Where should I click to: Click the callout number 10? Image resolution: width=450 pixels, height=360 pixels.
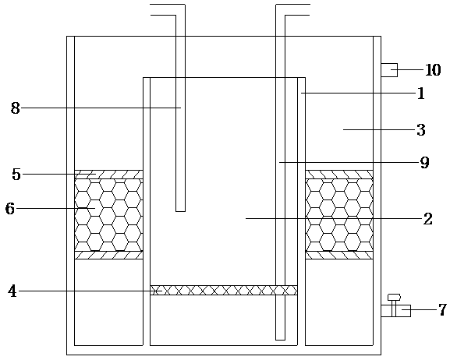(433, 70)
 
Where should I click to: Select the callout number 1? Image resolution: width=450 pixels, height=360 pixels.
(420, 94)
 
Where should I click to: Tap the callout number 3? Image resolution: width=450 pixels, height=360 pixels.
(421, 130)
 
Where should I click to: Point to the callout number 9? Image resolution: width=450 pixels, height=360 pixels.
(424, 163)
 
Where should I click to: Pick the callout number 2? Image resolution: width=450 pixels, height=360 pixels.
(427, 219)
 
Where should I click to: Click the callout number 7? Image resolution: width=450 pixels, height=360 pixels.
(442, 310)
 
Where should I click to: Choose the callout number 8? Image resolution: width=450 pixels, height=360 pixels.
(16, 108)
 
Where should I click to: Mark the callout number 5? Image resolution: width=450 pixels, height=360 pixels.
(16, 175)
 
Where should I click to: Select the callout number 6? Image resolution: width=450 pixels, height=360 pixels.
(10, 209)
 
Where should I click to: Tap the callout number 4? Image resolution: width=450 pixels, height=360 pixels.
(12, 291)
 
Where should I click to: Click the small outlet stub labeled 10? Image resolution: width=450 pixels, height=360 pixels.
(389, 70)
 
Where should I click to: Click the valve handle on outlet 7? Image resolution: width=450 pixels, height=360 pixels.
(394, 297)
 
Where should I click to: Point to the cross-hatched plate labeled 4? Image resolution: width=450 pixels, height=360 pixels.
(224, 291)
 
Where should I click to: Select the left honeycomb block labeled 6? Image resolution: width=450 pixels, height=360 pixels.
(108, 215)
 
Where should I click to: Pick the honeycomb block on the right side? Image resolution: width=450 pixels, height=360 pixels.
(339, 215)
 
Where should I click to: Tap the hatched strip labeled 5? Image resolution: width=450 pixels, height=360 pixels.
(108, 175)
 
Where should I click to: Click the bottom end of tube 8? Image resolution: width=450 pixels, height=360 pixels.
(180, 211)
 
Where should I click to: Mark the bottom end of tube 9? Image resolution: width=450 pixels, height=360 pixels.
(281, 340)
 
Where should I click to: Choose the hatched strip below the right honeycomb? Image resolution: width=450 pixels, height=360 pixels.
(339, 256)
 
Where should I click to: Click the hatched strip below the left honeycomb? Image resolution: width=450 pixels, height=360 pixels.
(108, 256)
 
